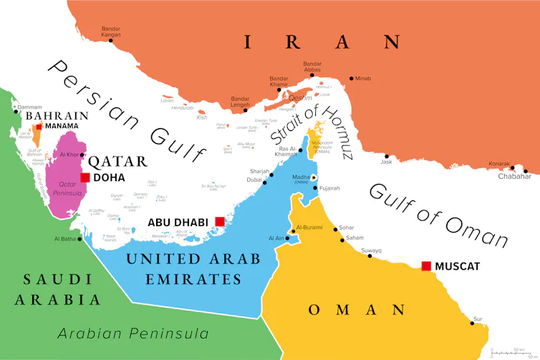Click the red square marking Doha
pos(85,177)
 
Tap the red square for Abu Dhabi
pos(220,222)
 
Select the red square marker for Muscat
pos(426,266)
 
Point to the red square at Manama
pos(39,126)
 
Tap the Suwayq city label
pos(371,250)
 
